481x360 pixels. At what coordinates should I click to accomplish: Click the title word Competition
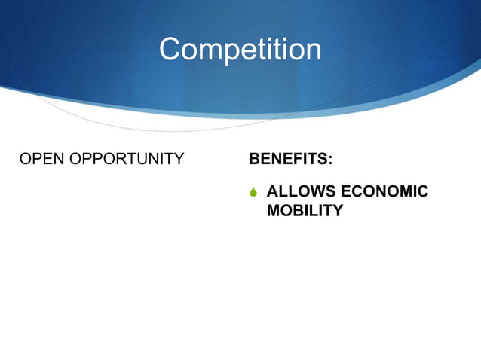[240, 50]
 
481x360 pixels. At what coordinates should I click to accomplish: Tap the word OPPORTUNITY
[124, 159]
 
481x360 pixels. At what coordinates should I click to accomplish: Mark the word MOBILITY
[305, 211]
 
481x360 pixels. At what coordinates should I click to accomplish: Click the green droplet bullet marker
[254, 192]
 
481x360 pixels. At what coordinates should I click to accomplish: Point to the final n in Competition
[312, 50]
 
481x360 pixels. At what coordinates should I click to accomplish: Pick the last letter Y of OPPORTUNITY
[178, 159]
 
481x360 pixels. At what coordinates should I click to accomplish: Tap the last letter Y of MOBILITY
[336, 211]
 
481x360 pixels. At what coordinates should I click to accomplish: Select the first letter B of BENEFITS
[255, 160]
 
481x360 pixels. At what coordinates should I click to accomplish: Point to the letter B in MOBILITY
[295, 211]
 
